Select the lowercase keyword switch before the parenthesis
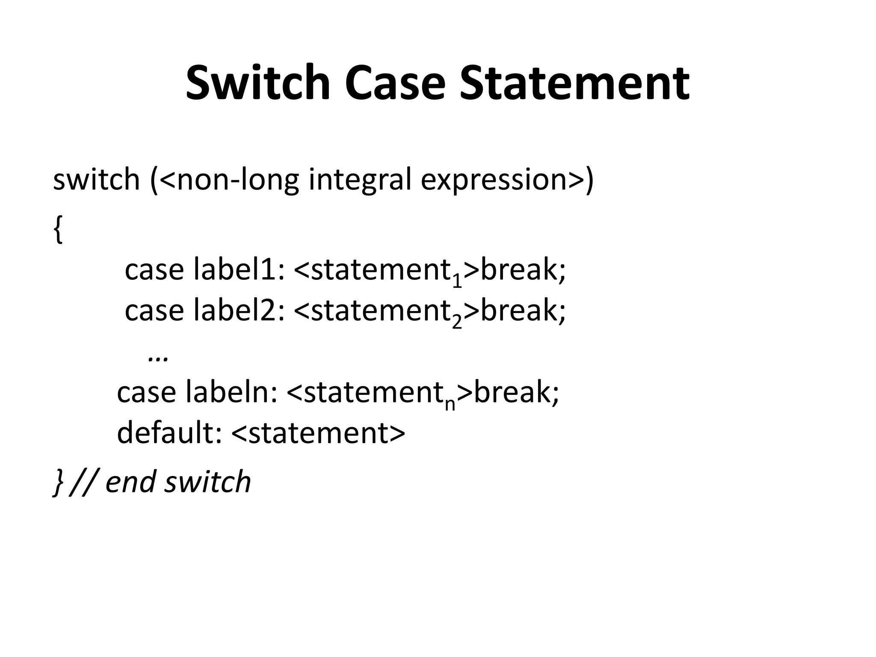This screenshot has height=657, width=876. (x=96, y=180)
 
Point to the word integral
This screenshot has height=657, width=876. (x=360, y=180)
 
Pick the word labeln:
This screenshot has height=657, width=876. (x=231, y=392)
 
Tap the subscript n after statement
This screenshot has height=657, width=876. (x=450, y=404)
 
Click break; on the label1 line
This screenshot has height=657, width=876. (x=523, y=270)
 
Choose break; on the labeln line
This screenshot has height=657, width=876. (x=516, y=392)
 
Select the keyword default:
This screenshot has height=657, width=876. (x=169, y=432)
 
